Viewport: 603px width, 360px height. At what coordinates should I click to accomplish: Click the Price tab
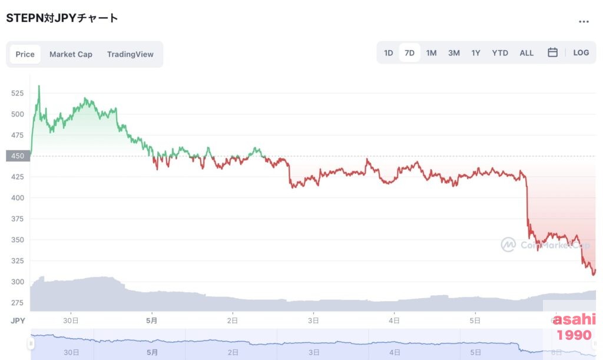pos(25,54)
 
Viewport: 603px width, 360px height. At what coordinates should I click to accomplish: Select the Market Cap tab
pos(71,54)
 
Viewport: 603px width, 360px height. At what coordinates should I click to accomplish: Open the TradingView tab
pos(130,54)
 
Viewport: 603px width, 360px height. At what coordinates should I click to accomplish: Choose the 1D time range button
pos(389,53)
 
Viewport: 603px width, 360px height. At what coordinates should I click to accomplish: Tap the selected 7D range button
pos(410,53)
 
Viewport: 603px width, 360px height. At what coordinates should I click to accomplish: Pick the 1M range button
pos(432,53)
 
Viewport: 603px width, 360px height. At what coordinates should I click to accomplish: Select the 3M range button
pos(454,53)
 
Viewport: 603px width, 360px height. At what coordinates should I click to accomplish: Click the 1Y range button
pos(476,53)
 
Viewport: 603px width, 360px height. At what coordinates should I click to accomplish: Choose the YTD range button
pos(500,53)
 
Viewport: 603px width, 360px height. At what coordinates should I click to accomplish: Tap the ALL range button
pos(526,53)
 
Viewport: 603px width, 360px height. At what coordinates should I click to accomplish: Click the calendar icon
pos(552,52)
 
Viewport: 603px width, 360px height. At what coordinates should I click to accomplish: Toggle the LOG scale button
pos(581,52)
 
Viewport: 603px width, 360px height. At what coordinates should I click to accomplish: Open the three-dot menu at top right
pos(584,22)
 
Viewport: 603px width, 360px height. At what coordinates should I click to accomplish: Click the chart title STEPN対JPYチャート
pos(62,18)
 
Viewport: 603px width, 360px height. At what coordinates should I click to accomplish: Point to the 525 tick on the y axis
pos(17,93)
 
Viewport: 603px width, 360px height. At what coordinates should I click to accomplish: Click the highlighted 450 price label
pos(17,156)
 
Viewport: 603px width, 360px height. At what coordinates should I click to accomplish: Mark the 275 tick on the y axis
pos(17,303)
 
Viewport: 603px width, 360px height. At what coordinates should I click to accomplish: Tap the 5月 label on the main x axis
pos(152,321)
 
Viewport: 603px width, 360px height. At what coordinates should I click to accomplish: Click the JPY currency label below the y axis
pos(17,321)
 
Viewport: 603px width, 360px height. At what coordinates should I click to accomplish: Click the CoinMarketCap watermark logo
pos(508,245)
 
